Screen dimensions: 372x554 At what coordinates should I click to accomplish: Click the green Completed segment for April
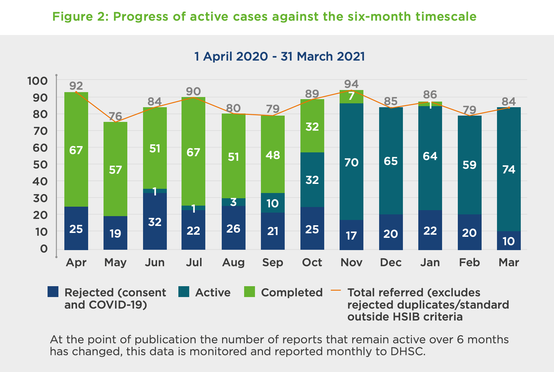76,150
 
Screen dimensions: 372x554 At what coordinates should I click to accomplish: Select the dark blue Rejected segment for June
155,221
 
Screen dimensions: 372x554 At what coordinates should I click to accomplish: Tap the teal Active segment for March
509,169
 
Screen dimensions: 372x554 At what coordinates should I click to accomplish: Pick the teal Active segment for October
312,180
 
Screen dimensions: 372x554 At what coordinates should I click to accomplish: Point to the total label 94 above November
351,84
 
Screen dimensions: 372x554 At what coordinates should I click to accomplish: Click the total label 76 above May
115,116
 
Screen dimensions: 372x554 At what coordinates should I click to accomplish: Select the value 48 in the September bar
273,155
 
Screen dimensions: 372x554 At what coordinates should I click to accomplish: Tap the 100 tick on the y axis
37,81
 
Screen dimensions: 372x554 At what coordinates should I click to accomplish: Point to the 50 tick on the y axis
40,165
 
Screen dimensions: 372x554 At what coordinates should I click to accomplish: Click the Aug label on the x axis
233,262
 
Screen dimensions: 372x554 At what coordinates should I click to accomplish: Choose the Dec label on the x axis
391,262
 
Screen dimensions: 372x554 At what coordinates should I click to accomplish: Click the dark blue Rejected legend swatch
53,292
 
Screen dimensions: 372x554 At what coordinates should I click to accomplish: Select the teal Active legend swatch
184,292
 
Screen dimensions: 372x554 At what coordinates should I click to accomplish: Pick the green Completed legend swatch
249,292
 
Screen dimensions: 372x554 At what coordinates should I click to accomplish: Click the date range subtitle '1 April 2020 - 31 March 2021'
279,56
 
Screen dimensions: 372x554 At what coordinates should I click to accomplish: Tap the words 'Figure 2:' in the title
80,16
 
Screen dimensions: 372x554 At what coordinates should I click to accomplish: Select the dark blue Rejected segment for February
470,232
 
